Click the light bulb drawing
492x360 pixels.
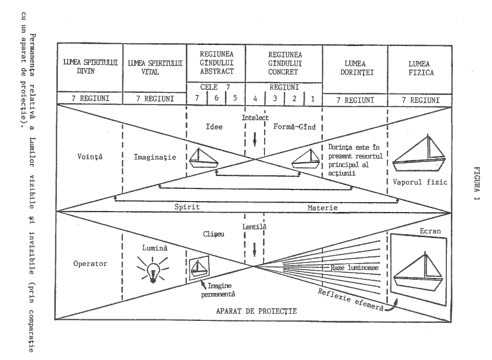coord(151,270)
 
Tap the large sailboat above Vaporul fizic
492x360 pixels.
coord(419,156)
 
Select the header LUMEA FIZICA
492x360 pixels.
coord(419,68)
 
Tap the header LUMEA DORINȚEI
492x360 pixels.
coord(355,68)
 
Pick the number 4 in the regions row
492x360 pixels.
coord(255,99)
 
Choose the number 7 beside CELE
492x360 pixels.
coord(197,99)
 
